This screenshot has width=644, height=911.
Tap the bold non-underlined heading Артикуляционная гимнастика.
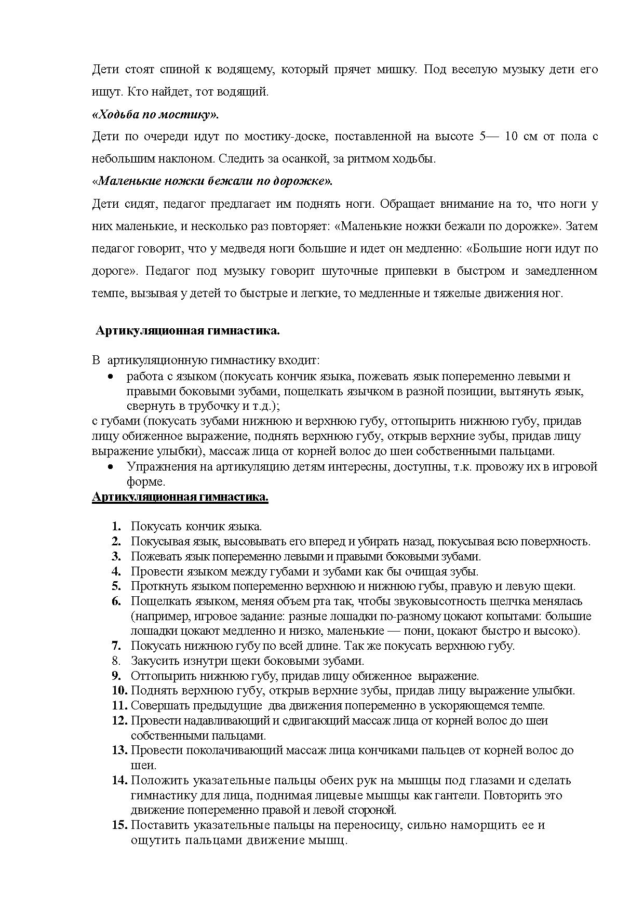click(x=187, y=331)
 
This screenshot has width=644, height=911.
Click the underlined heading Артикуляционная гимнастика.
click(x=180, y=497)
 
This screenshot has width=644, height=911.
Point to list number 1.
click(x=116, y=526)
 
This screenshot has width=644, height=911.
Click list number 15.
click(x=119, y=825)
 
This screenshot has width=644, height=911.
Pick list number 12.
click(x=119, y=720)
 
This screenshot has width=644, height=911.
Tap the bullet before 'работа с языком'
click(x=110, y=377)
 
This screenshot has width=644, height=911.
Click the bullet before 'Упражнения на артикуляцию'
click(x=110, y=467)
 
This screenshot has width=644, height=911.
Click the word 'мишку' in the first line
click(x=399, y=70)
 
